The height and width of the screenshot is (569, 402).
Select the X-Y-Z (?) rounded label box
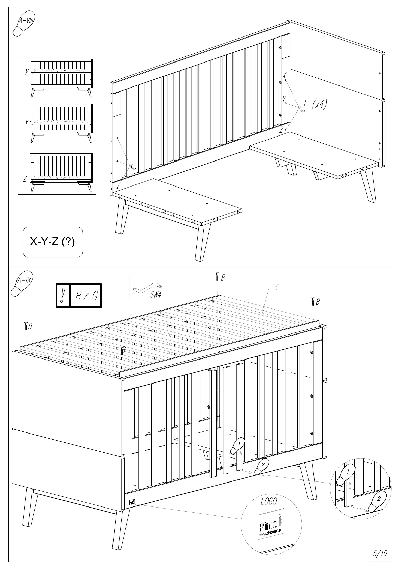53,242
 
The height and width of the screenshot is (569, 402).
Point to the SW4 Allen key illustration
148,288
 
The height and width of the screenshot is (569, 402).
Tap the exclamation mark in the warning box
63,296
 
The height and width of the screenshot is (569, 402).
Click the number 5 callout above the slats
277,288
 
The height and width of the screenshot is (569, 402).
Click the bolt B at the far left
25,327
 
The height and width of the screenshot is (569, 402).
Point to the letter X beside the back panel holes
284,75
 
